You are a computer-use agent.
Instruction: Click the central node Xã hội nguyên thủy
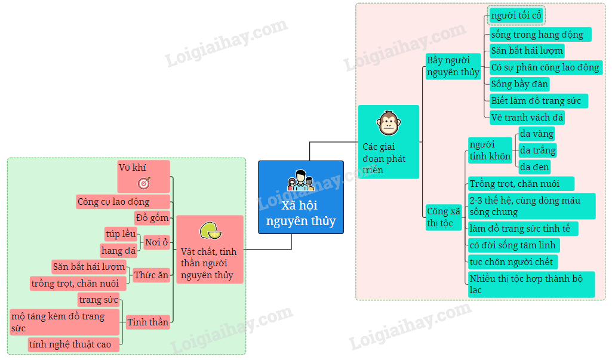tap(300, 197)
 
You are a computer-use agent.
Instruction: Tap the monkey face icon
tap(388, 123)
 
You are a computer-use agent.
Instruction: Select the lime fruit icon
tap(210, 230)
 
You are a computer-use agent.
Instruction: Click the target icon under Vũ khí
tap(144, 183)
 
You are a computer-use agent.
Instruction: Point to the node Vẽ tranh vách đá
tap(527, 117)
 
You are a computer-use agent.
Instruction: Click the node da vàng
tap(536, 133)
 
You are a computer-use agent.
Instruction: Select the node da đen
tap(534, 167)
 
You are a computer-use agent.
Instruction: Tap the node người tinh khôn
tap(490, 150)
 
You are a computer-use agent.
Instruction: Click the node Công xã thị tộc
tap(444, 217)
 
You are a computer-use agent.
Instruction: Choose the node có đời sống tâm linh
tap(513, 245)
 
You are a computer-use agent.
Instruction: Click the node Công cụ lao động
tap(123, 201)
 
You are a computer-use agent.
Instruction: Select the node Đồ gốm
tap(152, 217)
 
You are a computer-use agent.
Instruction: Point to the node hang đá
tap(118, 250)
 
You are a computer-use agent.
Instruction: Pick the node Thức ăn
tap(150, 275)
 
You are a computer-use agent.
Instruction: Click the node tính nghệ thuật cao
tap(73, 344)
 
